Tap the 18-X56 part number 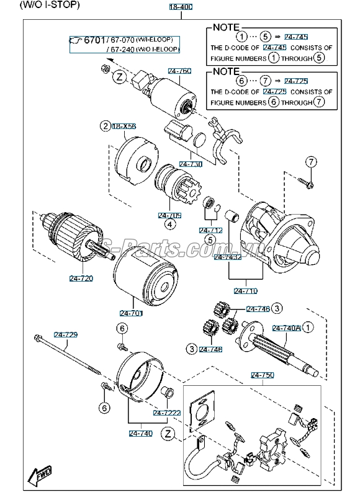tap(124, 126)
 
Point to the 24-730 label tap(191, 164)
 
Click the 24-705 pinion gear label tap(169, 215)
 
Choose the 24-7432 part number tap(227, 257)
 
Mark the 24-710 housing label tap(246, 290)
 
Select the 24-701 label tap(131, 313)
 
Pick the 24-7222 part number tap(166, 412)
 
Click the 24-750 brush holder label tap(262, 375)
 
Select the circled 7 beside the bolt tap(310, 162)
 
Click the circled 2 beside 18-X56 tap(105, 126)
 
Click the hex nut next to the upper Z tap(106, 68)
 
